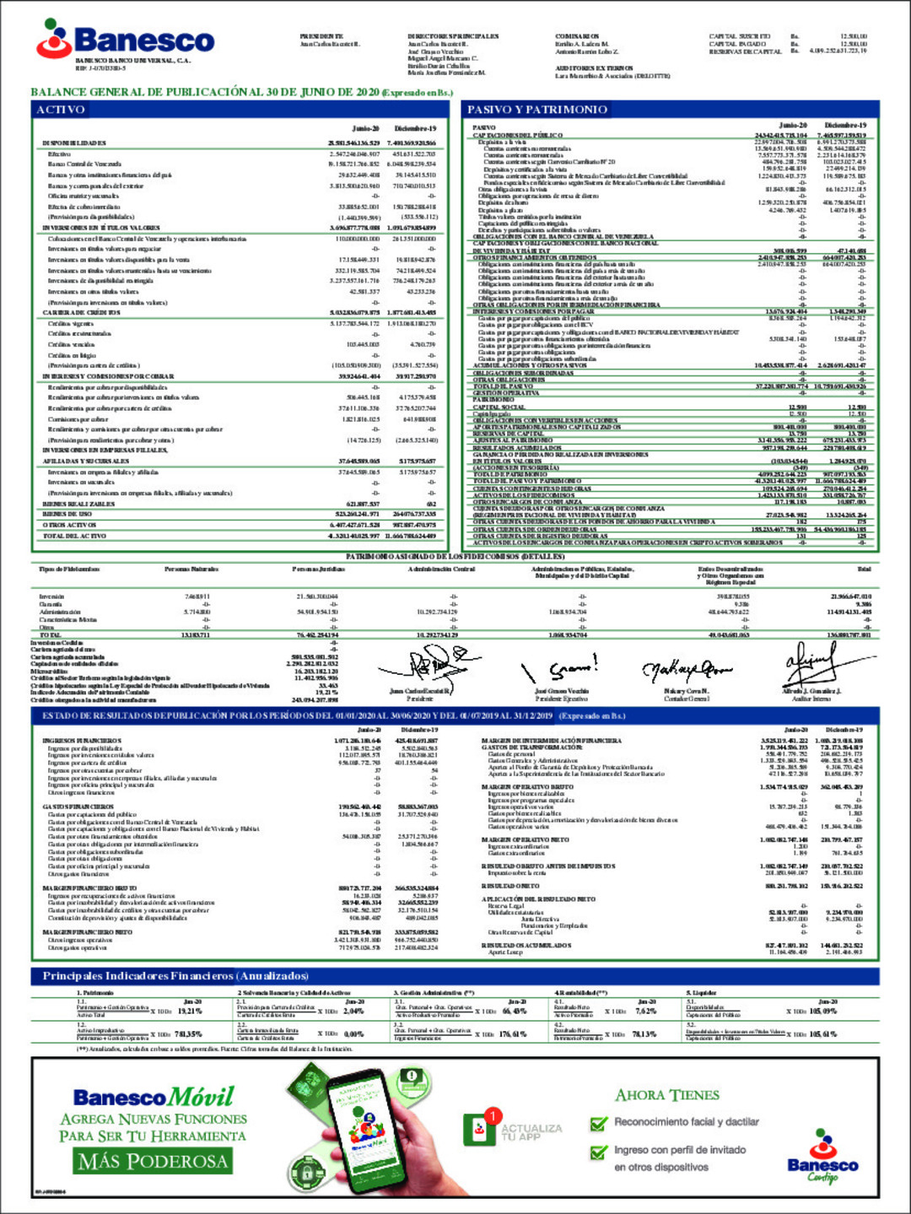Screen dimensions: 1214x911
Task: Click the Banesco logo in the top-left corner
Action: pos(125,39)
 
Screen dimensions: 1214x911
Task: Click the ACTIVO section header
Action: pos(61,110)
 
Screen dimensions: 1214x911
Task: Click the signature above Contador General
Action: pos(686,671)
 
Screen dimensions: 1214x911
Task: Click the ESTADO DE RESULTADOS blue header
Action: pos(333,715)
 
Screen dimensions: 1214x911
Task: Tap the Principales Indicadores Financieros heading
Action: pos(175,975)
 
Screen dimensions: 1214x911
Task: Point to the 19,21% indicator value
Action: pos(190,1011)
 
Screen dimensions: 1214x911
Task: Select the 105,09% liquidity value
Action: pos(822,1011)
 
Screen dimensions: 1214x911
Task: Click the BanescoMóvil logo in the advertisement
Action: pos(154,1097)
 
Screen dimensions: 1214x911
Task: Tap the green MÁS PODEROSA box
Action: pos(153,1161)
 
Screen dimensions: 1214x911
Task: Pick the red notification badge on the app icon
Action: pos(492,1116)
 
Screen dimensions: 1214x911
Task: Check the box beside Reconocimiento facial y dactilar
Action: pos(599,1123)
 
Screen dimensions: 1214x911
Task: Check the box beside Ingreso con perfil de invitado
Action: pos(599,1151)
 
